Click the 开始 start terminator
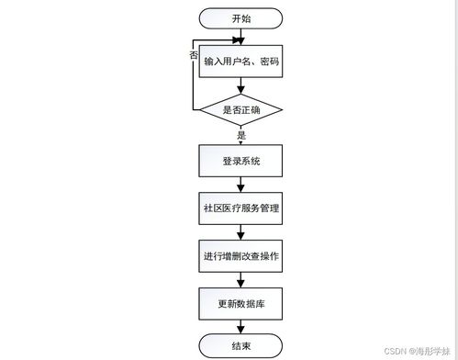pos(240,17)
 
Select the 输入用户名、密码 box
pos(240,62)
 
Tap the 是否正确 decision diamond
pos(240,111)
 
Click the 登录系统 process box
pos(240,161)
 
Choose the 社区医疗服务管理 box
pos(240,208)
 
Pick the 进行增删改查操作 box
pos(240,256)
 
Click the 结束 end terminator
pos(240,345)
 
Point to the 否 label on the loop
pos(193,55)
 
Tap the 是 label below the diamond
pos(241,135)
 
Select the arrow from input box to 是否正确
pos(240,86)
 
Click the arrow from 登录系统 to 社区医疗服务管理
pos(240,185)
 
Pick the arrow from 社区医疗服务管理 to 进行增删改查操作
pos(240,232)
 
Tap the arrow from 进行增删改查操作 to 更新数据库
pos(240,280)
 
